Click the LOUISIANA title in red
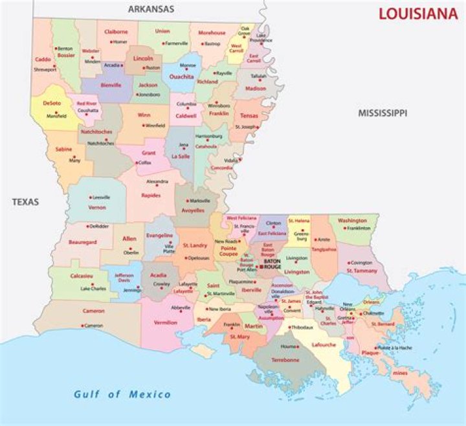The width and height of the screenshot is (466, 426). click(417, 14)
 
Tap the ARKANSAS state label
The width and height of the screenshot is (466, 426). click(151, 9)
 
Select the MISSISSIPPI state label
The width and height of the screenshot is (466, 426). click(383, 113)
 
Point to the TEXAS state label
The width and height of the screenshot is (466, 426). click(25, 202)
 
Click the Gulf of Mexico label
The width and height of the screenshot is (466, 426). click(122, 394)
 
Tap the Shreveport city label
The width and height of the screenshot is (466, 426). click(45, 69)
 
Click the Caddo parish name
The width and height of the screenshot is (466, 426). click(43, 59)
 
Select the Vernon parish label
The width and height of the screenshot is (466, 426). click(97, 207)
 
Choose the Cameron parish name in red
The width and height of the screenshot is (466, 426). click(93, 311)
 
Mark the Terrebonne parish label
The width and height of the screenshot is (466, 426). click(285, 359)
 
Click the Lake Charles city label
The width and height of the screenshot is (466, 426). click(93, 289)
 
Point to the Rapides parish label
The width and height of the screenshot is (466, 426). click(151, 195)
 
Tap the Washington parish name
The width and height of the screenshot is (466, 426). click(352, 220)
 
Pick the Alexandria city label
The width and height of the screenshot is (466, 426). click(157, 181)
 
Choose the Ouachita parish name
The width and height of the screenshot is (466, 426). click(182, 76)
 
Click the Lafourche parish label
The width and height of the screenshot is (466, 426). click(324, 345)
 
